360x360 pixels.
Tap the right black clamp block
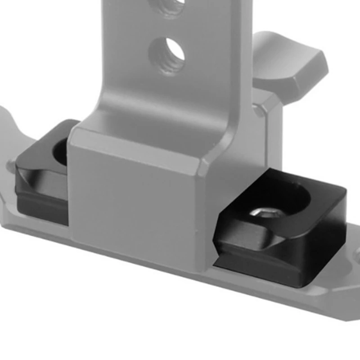pyautogui.click(x=288, y=234)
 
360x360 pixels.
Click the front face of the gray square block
pyautogui.click(x=135, y=202)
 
